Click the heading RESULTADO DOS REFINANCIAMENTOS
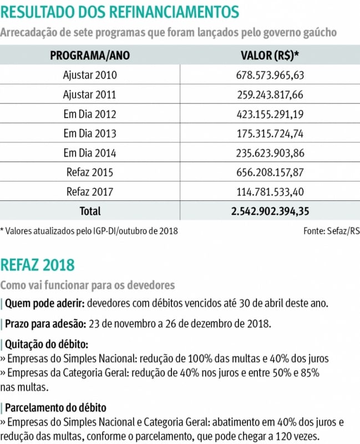pos(120,12)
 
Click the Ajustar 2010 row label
pos(90,75)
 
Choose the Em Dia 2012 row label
pos(90,114)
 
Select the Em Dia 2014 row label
pos(90,153)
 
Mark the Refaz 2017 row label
pos(90,192)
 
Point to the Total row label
pos(90,211)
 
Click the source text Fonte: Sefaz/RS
pos(331,230)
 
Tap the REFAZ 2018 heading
pos(38,264)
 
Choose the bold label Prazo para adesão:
pos(45,324)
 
